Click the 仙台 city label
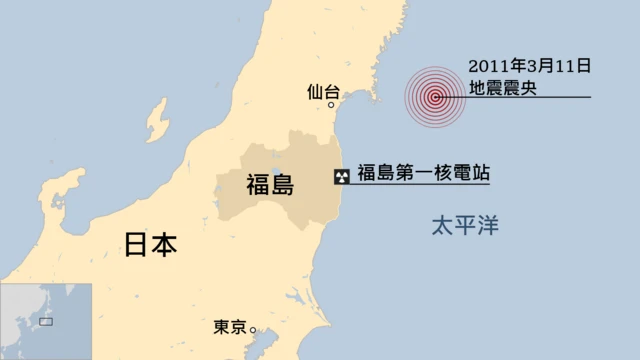(x=323, y=92)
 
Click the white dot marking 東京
(x=253, y=329)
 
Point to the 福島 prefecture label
(x=270, y=184)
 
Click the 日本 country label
(x=150, y=245)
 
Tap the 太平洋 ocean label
(x=464, y=226)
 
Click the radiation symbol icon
(x=342, y=176)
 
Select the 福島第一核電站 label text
(x=423, y=173)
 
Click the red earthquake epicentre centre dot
(x=435, y=97)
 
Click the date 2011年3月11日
(x=529, y=66)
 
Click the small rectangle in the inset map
(x=46, y=321)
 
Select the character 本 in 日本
(x=164, y=245)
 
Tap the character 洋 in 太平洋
(x=487, y=226)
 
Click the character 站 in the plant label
(x=478, y=173)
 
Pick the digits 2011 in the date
(x=487, y=66)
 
